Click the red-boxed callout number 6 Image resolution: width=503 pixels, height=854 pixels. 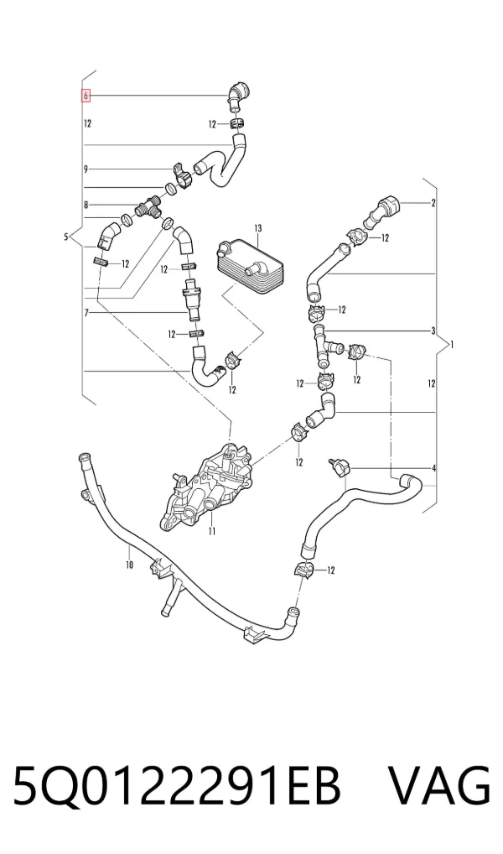[x=86, y=96]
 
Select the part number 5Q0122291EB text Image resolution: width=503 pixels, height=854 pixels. [x=178, y=786]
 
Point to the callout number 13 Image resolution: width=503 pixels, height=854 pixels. [x=258, y=227]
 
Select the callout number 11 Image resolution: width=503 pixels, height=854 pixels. [x=212, y=532]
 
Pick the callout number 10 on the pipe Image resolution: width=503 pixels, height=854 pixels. [x=130, y=565]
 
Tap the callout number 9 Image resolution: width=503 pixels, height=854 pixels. [x=86, y=169]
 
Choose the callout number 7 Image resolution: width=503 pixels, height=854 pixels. [x=86, y=313]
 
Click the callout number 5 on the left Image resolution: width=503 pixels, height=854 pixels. [x=66, y=237]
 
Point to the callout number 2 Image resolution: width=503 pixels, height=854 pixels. [x=433, y=204]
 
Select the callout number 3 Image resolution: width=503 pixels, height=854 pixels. [x=433, y=331]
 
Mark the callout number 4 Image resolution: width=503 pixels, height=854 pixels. [x=434, y=468]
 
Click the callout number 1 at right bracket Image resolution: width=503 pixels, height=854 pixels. [x=452, y=345]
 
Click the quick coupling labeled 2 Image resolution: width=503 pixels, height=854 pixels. [x=386, y=210]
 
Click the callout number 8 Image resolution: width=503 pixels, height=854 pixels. [x=86, y=206]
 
